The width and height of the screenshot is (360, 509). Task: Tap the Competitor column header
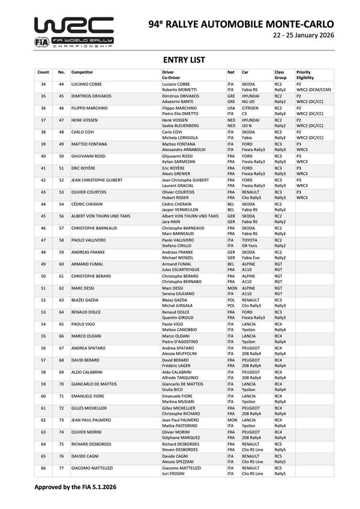[x=82, y=72]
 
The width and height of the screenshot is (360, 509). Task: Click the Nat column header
[x=230, y=72]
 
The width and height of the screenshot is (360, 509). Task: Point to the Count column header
[x=43, y=72]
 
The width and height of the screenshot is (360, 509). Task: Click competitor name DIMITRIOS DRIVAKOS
[x=92, y=95]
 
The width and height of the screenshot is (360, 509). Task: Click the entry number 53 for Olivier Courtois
[x=61, y=192]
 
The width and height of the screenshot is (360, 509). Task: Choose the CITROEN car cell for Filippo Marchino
[x=251, y=108]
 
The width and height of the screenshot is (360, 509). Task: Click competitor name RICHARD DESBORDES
[x=91, y=444]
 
